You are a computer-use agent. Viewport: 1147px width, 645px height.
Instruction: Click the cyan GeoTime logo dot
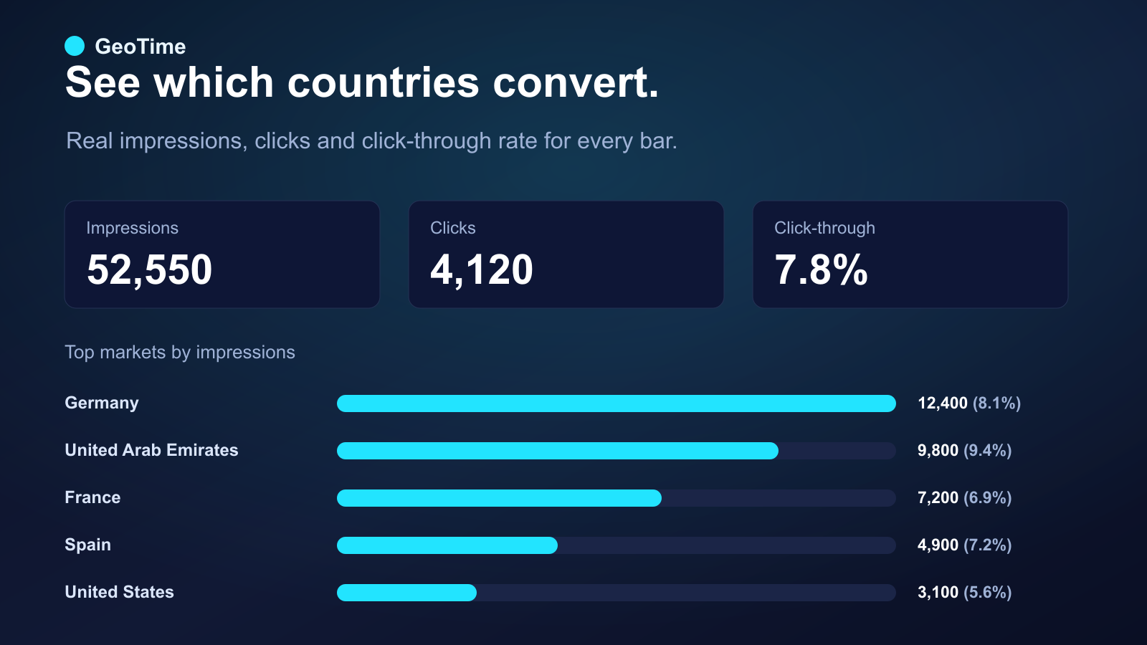(x=75, y=46)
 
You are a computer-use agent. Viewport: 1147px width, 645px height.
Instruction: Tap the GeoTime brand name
(x=141, y=47)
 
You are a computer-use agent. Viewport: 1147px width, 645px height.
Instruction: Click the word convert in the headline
(x=576, y=82)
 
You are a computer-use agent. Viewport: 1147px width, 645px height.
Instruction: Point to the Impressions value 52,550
(x=150, y=269)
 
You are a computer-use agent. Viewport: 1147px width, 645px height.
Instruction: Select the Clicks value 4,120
(x=481, y=269)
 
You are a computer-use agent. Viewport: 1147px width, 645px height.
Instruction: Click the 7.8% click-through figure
(x=821, y=269)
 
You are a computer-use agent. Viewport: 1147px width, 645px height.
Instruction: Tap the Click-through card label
(x=824, y=228)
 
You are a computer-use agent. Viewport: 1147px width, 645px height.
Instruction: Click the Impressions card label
(x=132, y=229)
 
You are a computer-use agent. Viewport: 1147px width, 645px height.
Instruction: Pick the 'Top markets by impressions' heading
(x=180, y=352)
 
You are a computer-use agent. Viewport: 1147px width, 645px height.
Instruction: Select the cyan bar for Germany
(x=617, y=403)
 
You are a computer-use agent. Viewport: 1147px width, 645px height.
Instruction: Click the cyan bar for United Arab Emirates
(x=558, y=451)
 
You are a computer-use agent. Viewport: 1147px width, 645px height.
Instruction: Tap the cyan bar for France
(x=499, y=498)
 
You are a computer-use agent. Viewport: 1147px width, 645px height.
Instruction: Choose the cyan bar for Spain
(x=447, y=545)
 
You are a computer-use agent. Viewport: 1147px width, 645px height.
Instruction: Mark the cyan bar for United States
(x=406, y=592)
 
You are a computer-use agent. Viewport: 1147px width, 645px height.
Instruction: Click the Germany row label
(x=102, y=403)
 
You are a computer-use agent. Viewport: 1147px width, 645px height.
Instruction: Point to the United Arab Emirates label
(x=151, y=450)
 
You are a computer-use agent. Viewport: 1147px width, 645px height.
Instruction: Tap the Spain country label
(x=88, y=545)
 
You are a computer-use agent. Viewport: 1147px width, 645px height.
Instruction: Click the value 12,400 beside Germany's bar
(x=943, y=403)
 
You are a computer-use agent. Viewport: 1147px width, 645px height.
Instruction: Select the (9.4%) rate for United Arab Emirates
(x=988, y=451)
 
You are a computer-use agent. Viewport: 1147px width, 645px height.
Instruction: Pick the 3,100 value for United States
(x=938, y=592)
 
